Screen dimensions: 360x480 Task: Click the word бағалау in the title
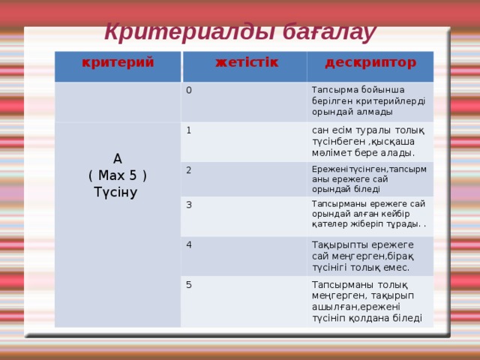[326, 33]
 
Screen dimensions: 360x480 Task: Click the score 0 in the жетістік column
[189, 91]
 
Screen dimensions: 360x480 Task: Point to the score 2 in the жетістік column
[189, 169]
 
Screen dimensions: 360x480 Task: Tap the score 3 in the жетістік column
[189, 205]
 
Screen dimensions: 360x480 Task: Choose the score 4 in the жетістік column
[189, 244]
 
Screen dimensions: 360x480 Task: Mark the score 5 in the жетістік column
[189, 284]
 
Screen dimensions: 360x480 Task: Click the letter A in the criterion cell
[118, 159]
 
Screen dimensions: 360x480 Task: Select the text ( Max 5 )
[117, 175]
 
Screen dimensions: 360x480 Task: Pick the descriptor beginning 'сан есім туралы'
[367, 141]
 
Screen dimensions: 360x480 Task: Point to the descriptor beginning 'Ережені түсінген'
[367, 179]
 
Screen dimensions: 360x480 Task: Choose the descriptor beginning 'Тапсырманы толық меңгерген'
[367, 301]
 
